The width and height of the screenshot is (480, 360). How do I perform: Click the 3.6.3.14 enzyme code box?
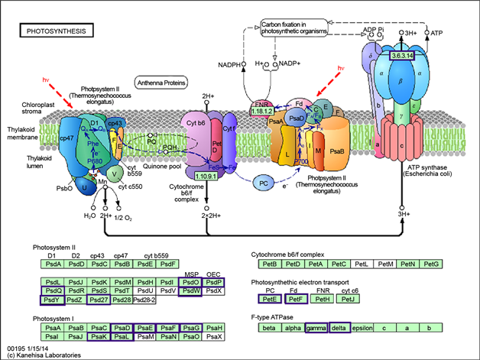click(403, 56)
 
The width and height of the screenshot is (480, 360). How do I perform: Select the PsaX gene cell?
click(214, 336)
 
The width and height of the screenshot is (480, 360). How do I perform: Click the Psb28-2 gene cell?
click(145, 300)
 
